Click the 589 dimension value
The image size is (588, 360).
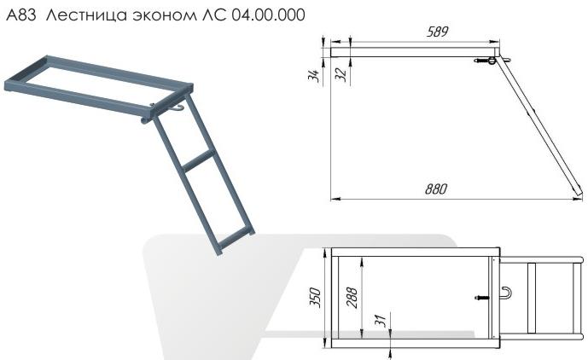(x=439, y=32)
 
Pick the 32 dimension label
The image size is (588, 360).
(x=341, y=74)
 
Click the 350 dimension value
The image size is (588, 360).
(x=315, y=298)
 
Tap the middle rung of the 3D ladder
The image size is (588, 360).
(x=199, y=158)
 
